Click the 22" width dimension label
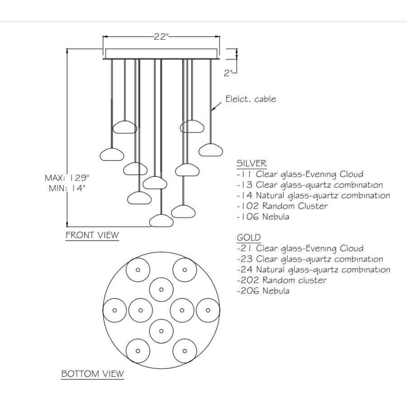pos(161,37)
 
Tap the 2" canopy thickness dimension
pos(228,73)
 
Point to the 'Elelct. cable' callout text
pos(251,99)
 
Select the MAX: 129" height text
pos(67,177)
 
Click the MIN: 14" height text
pos(67,189)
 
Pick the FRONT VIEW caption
pos(92,235)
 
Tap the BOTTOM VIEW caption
pos(92,374)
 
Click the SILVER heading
pos(251,164)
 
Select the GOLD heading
pos(249,238)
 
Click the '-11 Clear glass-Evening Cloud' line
pos(300,174)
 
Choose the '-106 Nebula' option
pos(263,217)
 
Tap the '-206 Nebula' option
pos(263,291)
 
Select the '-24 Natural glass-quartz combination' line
pos(313,270)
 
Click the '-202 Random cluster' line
pos(281,280)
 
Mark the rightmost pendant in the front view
pos(210,149)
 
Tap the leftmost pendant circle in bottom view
pos(115,310)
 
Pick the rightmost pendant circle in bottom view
pos(208,310)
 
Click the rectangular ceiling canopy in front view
pos(161,53)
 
